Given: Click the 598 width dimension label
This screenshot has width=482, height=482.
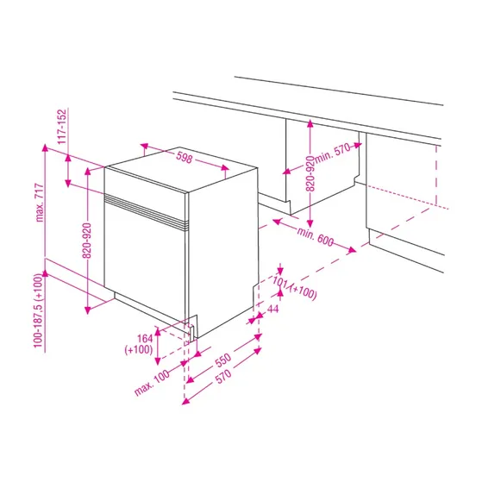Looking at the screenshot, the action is (x=185, y=158).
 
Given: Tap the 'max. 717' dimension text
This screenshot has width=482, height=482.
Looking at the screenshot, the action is (x=40, y=203).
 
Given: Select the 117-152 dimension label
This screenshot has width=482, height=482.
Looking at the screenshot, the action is (x=62, y=127).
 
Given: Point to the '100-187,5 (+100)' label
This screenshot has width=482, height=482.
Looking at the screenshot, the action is (x=38, y=310).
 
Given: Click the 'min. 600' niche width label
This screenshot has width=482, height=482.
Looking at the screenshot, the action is (x=315, y=236).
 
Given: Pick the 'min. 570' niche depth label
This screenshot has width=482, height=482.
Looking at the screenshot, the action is (x=333, y=153).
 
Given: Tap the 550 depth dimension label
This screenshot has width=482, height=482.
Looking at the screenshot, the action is (x=223, y=360).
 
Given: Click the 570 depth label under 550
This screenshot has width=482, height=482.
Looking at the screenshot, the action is (x=224, y=376).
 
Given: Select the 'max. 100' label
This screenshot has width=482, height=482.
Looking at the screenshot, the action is (x=152, y=382).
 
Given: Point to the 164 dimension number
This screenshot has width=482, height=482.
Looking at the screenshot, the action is (x=145, y=339).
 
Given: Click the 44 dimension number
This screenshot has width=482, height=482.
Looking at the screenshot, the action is (x=272, y=309).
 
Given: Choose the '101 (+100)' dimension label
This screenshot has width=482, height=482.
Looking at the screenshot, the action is (x=295, y=288).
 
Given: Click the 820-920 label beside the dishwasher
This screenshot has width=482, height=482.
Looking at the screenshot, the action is (x=87, y=241).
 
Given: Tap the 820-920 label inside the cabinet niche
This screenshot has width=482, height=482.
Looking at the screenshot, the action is (x=310, y=173).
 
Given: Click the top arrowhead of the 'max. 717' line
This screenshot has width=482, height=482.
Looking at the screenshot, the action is (x=45, y=147).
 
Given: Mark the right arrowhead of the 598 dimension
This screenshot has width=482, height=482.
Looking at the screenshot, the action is (x=225, y=167).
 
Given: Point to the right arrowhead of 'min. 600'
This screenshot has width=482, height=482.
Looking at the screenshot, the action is (x=352, y=250).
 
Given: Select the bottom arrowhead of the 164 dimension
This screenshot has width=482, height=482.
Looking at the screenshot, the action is (x=158, y=361).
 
